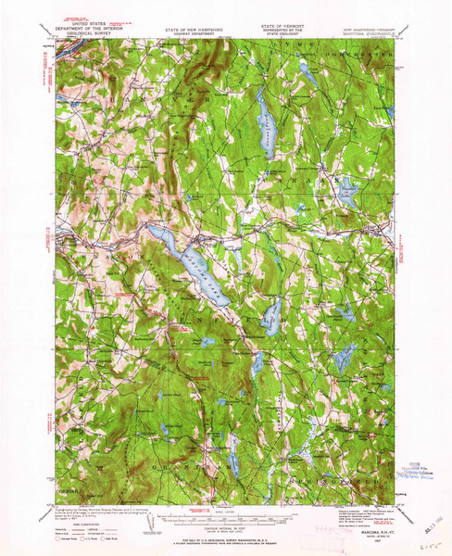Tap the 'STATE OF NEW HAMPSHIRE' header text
(x=198, y=30)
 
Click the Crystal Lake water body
(x=270, y=316)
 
